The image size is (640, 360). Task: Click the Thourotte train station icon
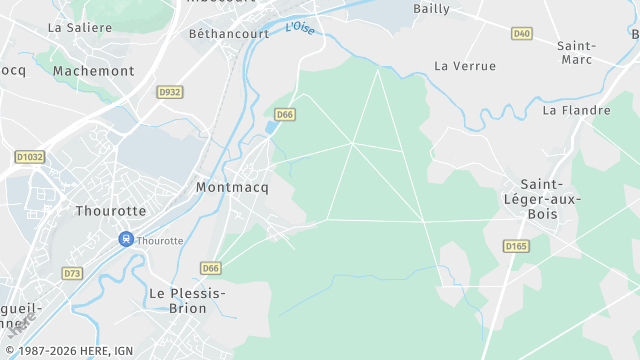(126, 239)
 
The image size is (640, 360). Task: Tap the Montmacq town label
(232, 187)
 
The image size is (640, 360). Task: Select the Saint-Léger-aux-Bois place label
(550, 198)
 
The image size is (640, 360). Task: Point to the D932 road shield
(170, 92)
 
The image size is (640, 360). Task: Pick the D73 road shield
(72, 273)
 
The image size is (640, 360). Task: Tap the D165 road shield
(516, 246)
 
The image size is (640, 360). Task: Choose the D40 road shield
(521, 33)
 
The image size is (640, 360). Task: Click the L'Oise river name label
(300, 28)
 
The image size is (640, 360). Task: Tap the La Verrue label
(465, 66)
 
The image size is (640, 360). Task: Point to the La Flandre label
(576, 110)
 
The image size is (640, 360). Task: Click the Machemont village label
(93, 71)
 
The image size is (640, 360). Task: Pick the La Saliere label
(80, 28)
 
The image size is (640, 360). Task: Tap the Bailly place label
(431, 8)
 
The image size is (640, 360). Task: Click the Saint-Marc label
(577, 53)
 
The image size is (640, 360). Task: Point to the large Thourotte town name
(110, 211)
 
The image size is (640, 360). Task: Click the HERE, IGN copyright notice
(69, 350)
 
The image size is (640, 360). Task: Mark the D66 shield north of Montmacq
(285, 115)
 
